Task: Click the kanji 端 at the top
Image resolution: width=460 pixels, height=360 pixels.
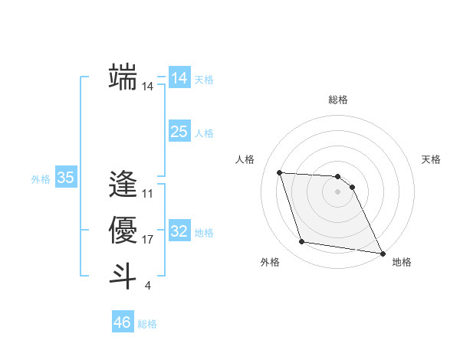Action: coord(123,77)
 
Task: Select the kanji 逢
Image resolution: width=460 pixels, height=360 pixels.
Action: coord(123,184)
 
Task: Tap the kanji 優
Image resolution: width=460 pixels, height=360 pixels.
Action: coord(123,230)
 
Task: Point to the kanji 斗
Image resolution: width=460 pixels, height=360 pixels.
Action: coord(123,276)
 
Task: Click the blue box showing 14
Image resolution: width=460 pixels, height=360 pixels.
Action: coord(179,78)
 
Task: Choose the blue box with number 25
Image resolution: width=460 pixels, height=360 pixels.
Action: coord(179,132)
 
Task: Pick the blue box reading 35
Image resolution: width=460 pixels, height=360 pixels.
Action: coord(66,178)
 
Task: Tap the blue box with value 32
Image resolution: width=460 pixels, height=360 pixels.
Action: coord(179,231)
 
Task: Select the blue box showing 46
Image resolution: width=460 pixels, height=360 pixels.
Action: coord(122,322)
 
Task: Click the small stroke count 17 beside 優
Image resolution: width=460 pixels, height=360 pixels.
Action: coord(148,240)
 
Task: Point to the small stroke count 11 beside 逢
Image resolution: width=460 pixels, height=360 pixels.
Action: coord(148,194)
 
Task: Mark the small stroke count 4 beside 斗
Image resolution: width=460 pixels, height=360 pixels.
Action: coord(147,286)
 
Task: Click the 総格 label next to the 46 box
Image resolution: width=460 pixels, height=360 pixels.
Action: coord(147,324)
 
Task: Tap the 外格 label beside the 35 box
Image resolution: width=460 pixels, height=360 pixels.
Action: coord(41,179)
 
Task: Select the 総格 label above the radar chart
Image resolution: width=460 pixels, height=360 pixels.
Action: coord(338,100)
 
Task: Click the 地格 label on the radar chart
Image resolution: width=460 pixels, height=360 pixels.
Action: coord(402,262)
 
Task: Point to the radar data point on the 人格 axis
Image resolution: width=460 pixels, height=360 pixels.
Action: coord(279,172)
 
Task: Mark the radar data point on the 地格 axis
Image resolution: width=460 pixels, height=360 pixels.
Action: coord(383,253)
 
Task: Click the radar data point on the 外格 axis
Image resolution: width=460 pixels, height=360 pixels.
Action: coord(302,242)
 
